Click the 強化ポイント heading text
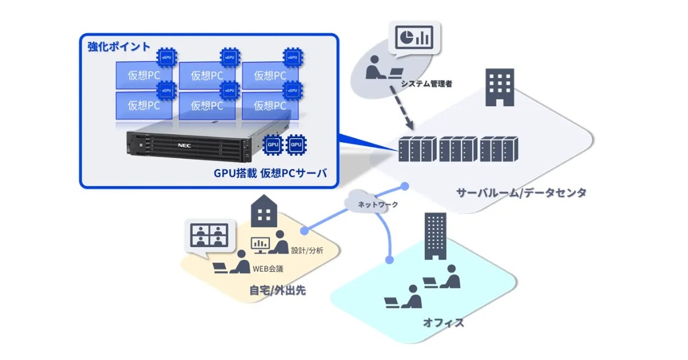point(119,47)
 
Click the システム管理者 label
point(427,84)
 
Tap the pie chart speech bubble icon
point(413,38)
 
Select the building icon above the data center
point(499,87)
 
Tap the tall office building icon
point(435,237)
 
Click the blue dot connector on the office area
point(389,260)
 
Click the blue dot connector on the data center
point(405,186)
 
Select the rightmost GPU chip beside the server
point(296,145)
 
